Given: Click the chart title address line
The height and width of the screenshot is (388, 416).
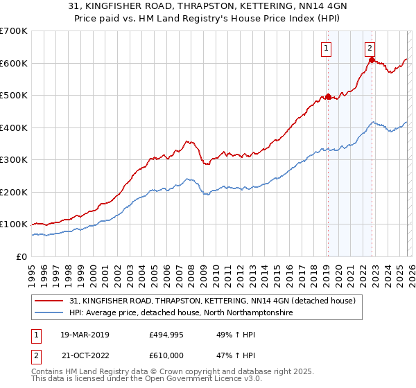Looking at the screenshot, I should pos(208,7).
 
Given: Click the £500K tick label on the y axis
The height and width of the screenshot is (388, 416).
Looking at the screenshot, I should pos(13,96).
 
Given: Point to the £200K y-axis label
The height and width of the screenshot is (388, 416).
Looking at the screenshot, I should pos(13,192).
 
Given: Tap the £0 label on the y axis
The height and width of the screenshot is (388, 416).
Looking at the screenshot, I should pos(21,256).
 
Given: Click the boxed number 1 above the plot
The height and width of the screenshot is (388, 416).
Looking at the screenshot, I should pos(326,48).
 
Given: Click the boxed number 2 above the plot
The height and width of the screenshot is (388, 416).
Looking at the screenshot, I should pos(370,48).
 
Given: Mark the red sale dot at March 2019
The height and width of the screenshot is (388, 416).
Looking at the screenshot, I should pos(328,96).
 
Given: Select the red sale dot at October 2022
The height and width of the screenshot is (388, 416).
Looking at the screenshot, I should pos(372,60).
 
